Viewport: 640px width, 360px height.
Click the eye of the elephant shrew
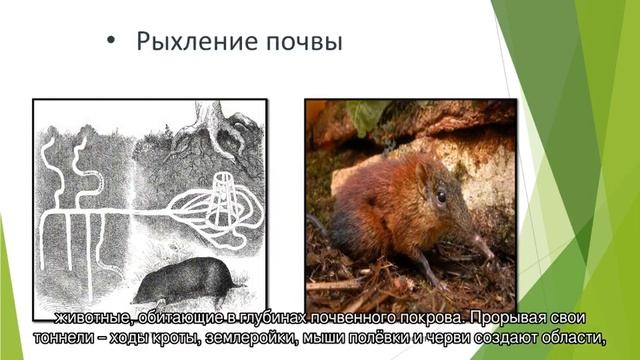click(x=441, y=196)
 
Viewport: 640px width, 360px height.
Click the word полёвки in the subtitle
click(x=379, y=320)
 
